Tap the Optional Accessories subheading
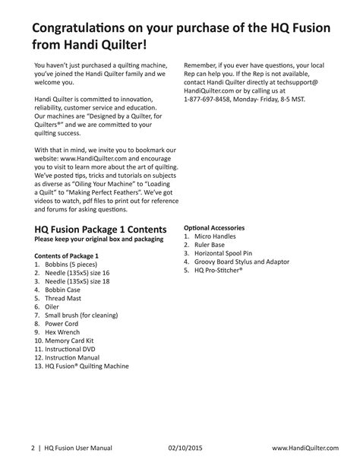(x=214, y=227)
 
